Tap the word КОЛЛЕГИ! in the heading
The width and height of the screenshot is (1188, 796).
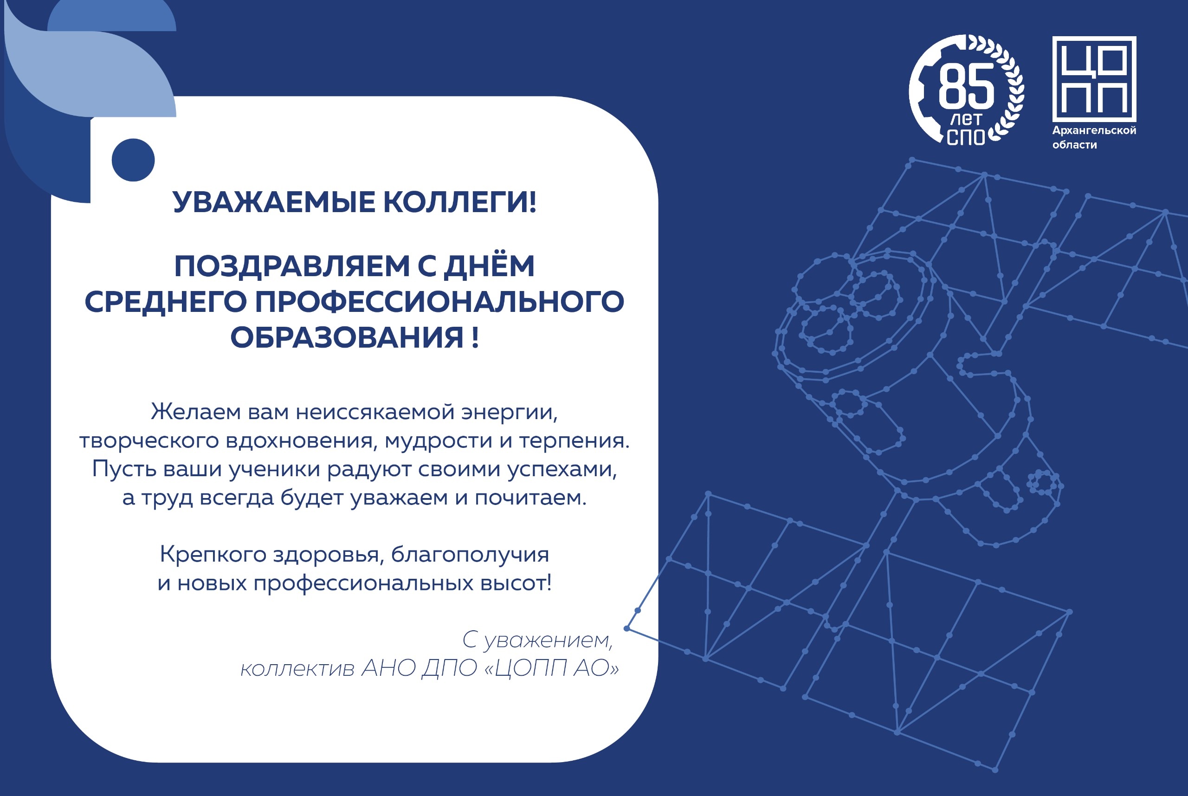point(460,202)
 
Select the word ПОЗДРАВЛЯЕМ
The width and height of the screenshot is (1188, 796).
point(292,266)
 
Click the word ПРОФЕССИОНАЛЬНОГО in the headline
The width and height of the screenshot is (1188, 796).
point(439,302)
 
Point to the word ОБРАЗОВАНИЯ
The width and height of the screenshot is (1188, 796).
point(347,337)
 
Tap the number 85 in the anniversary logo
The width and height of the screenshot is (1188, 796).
point(966,87)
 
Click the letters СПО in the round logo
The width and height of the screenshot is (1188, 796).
point(965,137)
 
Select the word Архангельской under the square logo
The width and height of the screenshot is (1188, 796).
point(1094,130)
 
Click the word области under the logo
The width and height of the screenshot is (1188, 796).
point(1074,145)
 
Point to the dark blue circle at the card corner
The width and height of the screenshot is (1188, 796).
point(133,160)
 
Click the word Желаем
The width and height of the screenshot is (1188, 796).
point(196,412)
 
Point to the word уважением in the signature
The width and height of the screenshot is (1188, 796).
point(548,641)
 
